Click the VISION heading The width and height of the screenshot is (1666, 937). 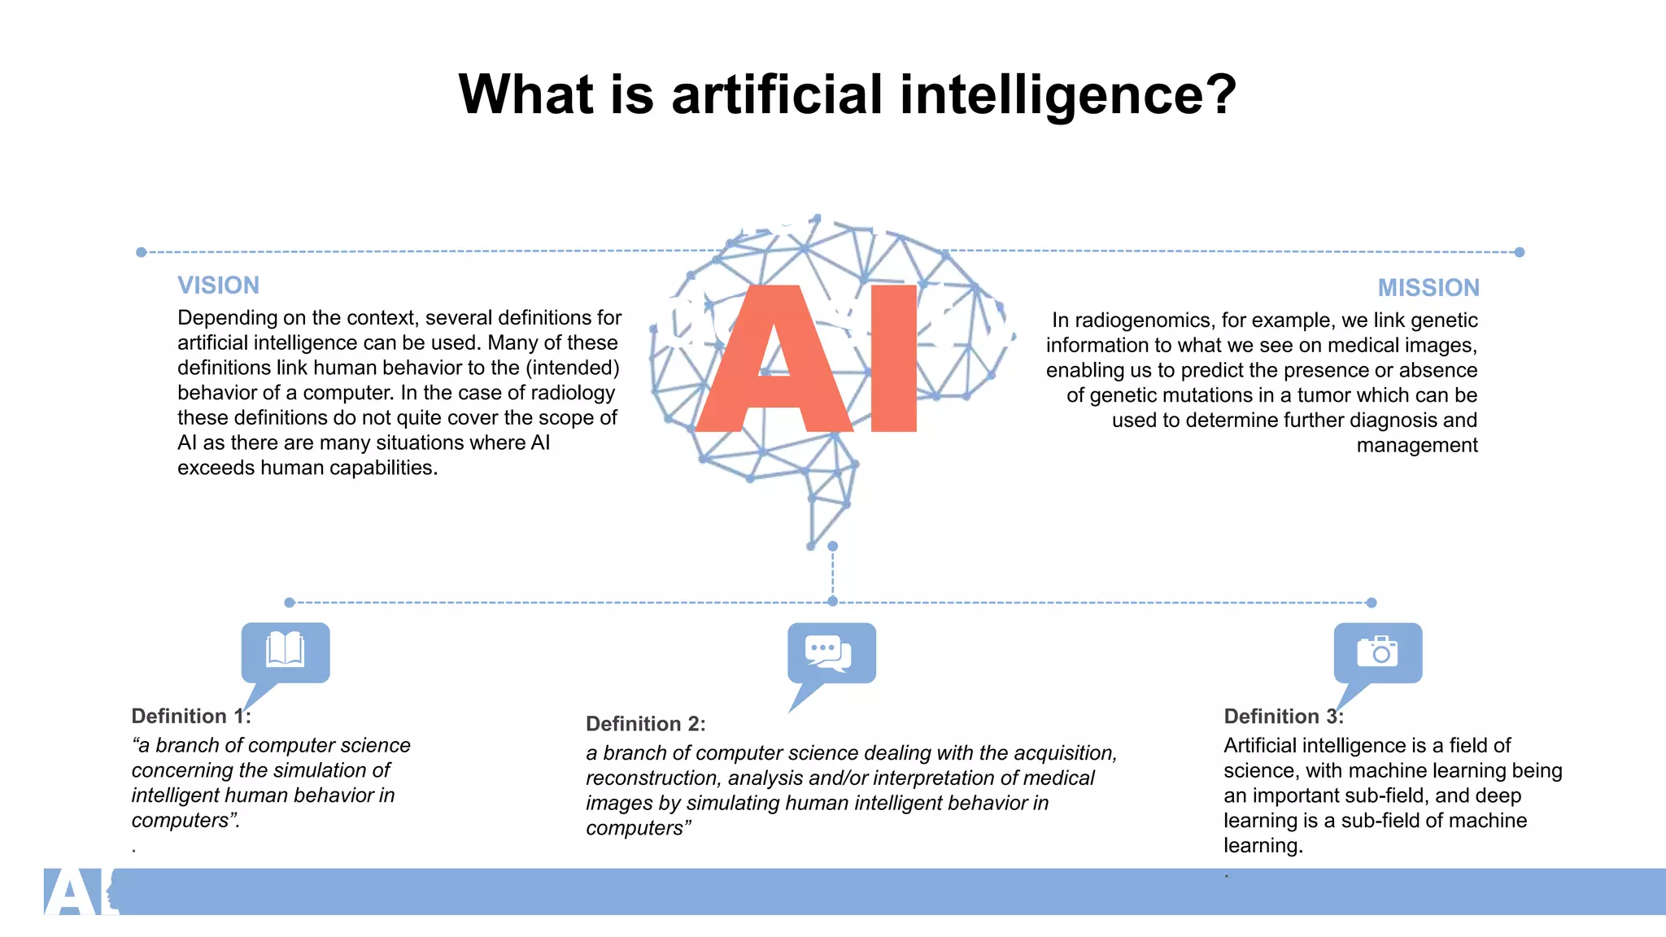[x=218, y=285]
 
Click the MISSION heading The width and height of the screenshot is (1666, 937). [x=1428, y=288]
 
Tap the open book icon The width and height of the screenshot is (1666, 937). [x=286, y=650]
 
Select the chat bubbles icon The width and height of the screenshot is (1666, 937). [x=829, y=652]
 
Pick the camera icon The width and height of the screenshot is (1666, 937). [x=1377, y=652]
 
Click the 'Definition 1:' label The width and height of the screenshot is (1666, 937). [x=191, y=716]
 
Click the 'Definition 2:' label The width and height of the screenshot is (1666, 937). [x=645, y=724]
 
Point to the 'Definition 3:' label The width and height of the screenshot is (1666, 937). [x=1283, y=716]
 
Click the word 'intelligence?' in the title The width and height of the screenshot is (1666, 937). [x=1068, y=94]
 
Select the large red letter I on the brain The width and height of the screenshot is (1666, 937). [x=893, y=359]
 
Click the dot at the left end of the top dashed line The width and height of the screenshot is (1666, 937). [x=142, y=252]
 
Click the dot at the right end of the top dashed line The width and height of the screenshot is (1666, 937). [x=1519, y=252]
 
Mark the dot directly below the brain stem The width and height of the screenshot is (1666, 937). [x=832, y=547]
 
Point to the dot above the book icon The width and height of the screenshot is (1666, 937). [x=290, y=603]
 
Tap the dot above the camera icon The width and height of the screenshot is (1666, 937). [x=1372, y=603]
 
